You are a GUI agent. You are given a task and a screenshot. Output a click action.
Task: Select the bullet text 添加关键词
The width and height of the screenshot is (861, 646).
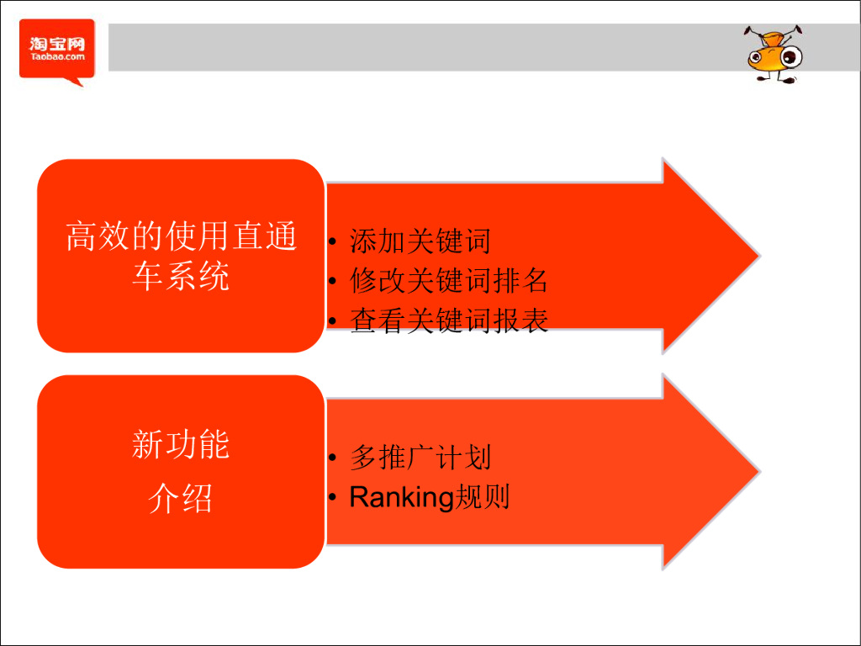(420, 242)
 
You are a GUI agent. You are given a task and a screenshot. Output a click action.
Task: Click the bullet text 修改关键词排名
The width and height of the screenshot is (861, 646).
(449, 281)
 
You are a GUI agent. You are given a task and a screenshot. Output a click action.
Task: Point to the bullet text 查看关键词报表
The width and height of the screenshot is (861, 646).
(449, 320)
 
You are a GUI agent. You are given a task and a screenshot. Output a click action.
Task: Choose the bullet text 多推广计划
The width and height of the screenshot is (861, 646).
(420, 458)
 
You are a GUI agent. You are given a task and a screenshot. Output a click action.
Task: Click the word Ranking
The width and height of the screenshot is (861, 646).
(401, 498)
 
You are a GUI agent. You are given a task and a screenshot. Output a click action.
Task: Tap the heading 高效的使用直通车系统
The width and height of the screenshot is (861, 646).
(181, 256)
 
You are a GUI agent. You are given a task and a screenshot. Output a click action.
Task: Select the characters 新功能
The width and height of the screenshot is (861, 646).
(181, 444)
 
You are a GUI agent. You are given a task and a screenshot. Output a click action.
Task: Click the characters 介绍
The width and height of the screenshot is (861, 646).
(181, 499)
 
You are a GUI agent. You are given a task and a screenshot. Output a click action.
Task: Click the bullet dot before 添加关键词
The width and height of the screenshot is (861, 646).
(333, 244)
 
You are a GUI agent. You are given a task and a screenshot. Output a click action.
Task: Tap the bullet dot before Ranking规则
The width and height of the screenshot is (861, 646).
(333, 499)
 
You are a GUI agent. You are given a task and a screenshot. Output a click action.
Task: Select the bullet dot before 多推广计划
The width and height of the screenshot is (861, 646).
(333, 459)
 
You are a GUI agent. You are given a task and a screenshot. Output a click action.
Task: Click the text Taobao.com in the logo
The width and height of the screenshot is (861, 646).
(57, 58)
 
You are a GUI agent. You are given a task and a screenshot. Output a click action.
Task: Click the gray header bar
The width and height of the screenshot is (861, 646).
(420, 47)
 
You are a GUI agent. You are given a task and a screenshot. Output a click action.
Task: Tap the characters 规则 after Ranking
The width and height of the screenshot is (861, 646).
(482, 498)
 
